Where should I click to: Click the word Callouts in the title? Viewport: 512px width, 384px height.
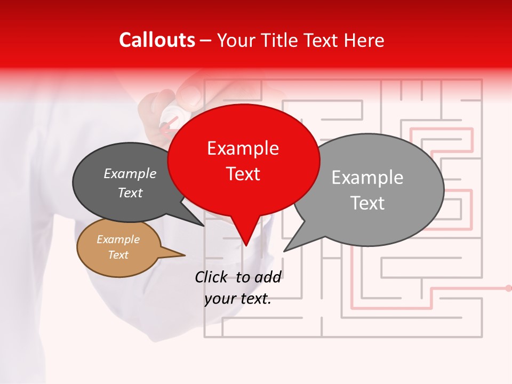[157, 40]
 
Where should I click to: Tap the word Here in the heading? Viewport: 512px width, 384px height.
[365, 40]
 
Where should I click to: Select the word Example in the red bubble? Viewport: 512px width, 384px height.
[243, 148]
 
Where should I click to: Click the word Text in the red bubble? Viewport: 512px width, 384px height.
[243, 174]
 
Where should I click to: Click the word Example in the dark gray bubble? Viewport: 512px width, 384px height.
[130, 174]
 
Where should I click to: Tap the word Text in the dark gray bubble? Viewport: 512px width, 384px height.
[130, 193]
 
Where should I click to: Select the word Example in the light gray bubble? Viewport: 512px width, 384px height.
[367, 178]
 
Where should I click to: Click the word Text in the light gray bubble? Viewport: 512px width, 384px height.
[367, 203]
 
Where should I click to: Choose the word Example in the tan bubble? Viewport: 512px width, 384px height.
[118, 239]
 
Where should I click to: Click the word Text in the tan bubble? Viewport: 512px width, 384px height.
[118, 255]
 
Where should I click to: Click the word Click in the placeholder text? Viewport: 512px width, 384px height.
[211, 277]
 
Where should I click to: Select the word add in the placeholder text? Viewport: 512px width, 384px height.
[268, 277]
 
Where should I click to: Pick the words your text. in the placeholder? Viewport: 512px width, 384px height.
[238, 299]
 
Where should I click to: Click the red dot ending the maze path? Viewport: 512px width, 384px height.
[508, 288]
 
